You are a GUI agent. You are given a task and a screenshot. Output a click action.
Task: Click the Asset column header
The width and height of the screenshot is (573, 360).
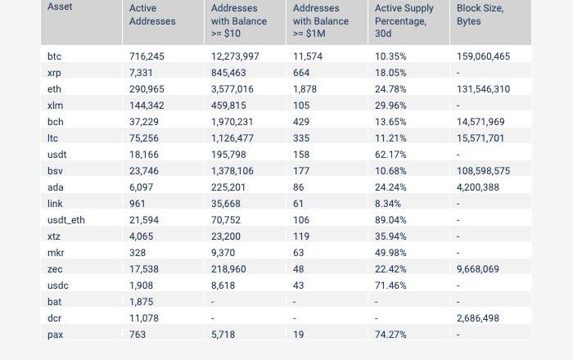click(x=60, y=7)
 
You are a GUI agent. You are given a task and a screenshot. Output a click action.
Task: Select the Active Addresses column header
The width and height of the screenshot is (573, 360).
click(x=152, y=15)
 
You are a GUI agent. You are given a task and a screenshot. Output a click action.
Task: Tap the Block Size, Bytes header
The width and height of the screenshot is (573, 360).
click(x=480, y=15)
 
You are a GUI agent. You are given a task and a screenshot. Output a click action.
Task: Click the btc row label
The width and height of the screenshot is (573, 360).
click(x=54, y=56)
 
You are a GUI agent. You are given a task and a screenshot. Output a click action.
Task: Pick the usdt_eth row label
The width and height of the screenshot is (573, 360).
click(x=66, y=220)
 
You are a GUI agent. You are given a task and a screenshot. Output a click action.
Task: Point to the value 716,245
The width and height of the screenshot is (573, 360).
click(x=147, y=56)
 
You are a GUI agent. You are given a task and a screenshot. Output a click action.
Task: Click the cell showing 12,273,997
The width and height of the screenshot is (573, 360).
click(x=235, y=56)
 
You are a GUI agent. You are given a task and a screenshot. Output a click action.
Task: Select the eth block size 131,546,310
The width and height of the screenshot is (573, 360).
click(x=483, y=89)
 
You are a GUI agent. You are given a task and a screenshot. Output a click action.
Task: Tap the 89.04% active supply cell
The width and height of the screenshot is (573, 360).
click(x=390, y=220)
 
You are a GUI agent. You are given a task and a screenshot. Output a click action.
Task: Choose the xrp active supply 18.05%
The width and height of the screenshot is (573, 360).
click(x=390, y=73)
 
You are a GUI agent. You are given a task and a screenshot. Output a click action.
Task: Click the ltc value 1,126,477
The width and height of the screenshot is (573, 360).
click(x=232, y=138)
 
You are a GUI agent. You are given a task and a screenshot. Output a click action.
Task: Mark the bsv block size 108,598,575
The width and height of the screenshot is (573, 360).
click(x=483, y=171)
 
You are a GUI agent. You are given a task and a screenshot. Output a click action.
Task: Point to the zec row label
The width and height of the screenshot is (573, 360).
click(x=55, y=269)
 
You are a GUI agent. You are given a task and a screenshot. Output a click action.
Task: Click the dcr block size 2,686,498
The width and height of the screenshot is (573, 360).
click(x=478, y=318)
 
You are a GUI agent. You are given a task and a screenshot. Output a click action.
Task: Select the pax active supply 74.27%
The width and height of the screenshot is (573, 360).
click(x=390, y=335)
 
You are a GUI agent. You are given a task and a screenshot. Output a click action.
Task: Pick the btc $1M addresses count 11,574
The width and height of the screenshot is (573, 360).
click(x=308, y=56)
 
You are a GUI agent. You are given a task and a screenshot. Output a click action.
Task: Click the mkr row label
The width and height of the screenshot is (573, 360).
click(x=56, y=253)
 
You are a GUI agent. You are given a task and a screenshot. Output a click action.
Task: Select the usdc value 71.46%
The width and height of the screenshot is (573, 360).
click(x=390, y=286)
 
